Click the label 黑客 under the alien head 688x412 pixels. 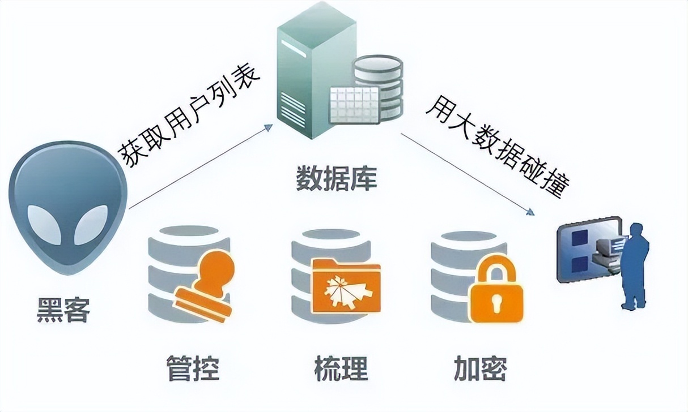(x=63, y=310)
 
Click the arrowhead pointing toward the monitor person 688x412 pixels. (x=530, y=212)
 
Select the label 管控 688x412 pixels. (x=193, y=367)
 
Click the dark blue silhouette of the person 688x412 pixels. (x=635, y=266)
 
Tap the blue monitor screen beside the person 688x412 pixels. (x=584, y=249)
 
